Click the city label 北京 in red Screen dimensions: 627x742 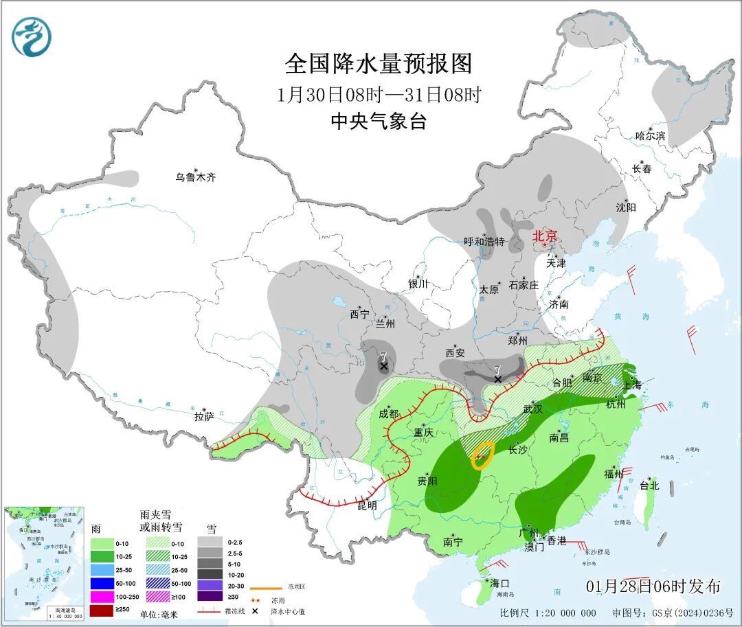[x=548, y=236]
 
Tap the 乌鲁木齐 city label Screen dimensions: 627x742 [x=195, y=177]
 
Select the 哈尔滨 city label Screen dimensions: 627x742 [x=650, y=136]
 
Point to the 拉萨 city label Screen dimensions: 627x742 [x=204, y=415]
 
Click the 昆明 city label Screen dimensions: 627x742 [x=367, y=505]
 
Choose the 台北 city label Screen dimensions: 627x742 [x=649, y=485]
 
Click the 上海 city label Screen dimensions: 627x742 [x=632, y=385]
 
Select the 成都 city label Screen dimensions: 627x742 [x=388, y=413]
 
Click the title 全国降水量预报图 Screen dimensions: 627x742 [x=379, y=64]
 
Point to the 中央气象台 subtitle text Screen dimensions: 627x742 [x=379, y=122]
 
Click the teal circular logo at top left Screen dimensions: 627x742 [x=32, y=37]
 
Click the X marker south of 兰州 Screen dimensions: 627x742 [x=383, y=366]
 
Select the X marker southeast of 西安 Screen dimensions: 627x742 [x=497, y=378]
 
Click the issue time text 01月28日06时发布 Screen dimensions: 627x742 [x=653, y=586]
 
